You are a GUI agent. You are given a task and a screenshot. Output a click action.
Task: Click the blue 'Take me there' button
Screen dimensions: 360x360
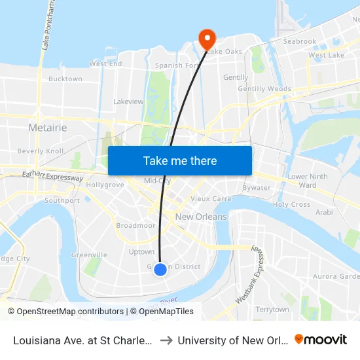click(179, 160)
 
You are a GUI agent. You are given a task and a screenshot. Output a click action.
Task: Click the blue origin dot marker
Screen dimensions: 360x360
click(160, 269)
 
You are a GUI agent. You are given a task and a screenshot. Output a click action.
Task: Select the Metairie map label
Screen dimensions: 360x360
click(47, 128)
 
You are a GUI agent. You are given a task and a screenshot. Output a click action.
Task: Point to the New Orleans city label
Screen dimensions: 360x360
click(201, 217)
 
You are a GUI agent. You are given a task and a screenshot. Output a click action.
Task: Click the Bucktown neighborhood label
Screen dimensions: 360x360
click(65, 79)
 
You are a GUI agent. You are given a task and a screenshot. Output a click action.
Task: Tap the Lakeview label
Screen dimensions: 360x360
click(128, 102)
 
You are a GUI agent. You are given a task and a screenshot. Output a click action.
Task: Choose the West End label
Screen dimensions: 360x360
click(105, 64)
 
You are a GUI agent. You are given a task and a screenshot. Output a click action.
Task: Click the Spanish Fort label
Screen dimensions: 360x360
click(177, 65)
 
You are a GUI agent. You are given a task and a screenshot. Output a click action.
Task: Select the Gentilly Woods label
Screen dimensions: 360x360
click(264, 89)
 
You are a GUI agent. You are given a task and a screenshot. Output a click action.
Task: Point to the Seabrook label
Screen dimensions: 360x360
click(300, 41)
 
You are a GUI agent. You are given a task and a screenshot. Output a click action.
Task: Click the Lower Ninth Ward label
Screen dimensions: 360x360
click(307, 181)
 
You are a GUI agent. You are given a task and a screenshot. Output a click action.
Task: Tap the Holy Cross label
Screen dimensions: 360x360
click(291, 205)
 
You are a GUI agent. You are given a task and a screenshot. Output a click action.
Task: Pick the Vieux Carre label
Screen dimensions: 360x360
click(211, 198)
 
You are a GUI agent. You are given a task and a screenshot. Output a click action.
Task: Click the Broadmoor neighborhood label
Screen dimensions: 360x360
click(135, 225)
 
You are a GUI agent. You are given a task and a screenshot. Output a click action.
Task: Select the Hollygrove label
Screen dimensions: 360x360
click(105, 185)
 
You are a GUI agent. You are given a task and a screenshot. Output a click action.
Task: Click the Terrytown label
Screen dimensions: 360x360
click(272, 309)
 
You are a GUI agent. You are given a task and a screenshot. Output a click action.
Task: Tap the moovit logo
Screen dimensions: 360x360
click(321, 339)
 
